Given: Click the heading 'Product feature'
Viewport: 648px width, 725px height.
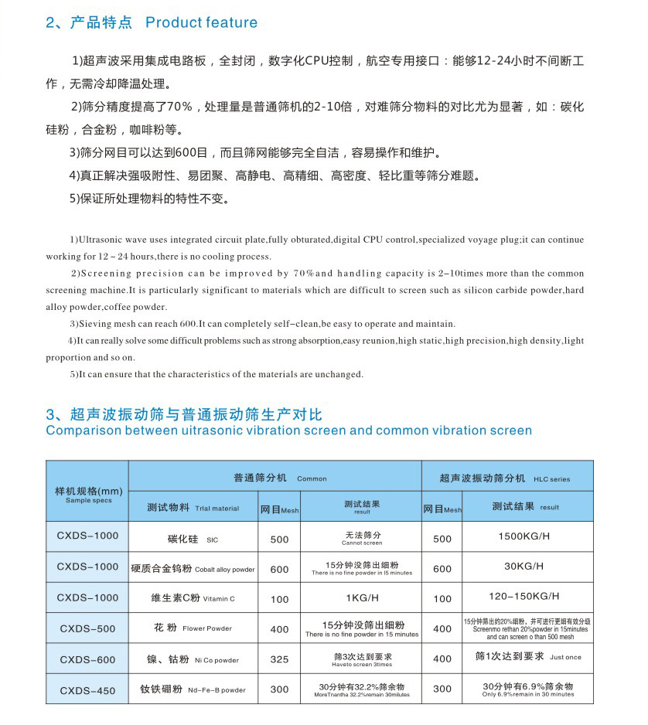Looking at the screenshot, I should [201, 22].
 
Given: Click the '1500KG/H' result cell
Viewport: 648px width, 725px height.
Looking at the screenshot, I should [524, 536].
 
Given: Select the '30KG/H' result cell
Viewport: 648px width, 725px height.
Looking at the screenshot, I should [524, 567].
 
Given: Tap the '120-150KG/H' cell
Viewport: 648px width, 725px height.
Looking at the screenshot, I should [524, 597].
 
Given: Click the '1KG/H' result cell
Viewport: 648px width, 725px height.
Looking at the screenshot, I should [361, 597].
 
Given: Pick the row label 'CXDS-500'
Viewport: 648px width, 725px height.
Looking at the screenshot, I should [87, 628].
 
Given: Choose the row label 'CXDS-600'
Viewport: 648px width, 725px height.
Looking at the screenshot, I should [87, 659].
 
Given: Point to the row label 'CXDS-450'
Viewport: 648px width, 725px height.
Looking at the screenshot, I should [87, 689].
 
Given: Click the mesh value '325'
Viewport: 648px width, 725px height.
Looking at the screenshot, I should [279, 659].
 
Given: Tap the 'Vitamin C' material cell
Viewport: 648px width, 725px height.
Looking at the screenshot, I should [193, 597].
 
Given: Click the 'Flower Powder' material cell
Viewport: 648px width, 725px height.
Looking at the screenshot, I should [193, 628].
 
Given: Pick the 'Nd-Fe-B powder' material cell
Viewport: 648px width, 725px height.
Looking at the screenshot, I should [193, 689].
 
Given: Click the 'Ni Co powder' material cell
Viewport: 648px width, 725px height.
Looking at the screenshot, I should [193, 659].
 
